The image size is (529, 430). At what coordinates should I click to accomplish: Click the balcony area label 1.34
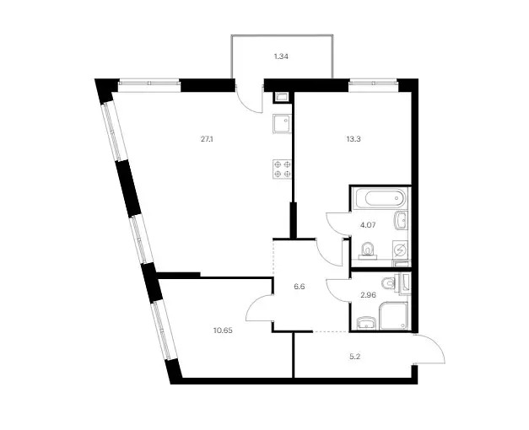click(281, 56)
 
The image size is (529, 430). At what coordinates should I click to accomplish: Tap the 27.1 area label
click(207, 138)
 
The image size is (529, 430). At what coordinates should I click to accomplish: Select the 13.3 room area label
click(354, 138)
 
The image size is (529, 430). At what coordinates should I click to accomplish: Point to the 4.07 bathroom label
click(368, 224)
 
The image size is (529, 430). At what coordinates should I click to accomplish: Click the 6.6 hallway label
click(300, 287)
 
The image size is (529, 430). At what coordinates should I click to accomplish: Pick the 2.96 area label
click(368, 295)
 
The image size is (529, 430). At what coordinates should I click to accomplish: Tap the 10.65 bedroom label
click(223, 331)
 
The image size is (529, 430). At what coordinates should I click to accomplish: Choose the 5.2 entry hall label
click(354, 357)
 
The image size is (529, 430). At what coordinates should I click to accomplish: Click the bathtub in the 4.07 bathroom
click(381, 198)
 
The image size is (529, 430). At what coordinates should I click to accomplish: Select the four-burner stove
click(283, 169)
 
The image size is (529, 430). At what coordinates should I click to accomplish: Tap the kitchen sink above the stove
click(282, 124)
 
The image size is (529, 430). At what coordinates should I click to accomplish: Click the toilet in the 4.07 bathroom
click(367, 251)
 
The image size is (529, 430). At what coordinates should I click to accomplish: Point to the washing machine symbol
click(401, 250)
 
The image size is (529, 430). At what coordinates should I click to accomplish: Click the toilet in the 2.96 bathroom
click(393, 282)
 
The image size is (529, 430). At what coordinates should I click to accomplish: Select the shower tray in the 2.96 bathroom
click(394, 315)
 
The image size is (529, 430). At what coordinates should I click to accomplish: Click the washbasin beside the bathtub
click(401, 221)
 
